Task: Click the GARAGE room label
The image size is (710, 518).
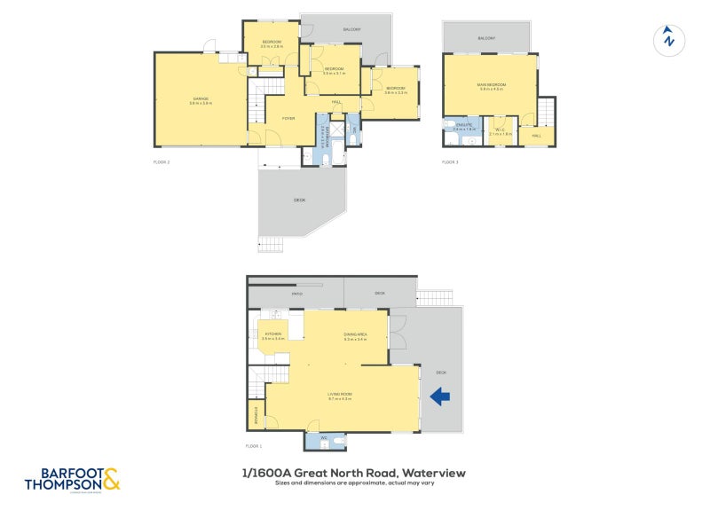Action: tap(201, 98)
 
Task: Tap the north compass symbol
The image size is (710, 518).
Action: tap(668, 39)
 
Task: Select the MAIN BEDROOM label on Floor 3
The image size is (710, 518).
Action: tap(491, 85)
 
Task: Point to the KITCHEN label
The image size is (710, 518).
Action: tap(273, 334)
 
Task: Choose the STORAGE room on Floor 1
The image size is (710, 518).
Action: tap(256, 413)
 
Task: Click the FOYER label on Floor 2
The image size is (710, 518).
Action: tap(288, 118)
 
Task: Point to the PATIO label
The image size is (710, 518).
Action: tap(296, 293)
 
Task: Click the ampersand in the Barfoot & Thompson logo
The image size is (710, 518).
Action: tap(111, 480)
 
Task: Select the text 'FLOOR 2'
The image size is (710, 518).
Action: tap(162, 161)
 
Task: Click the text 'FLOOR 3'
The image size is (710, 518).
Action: tap(451, 161)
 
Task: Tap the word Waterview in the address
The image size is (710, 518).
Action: tap(435, 473)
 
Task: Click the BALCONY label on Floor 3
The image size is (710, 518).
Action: tap(486, 38)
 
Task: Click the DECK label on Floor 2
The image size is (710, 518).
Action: tap(299, 200)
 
